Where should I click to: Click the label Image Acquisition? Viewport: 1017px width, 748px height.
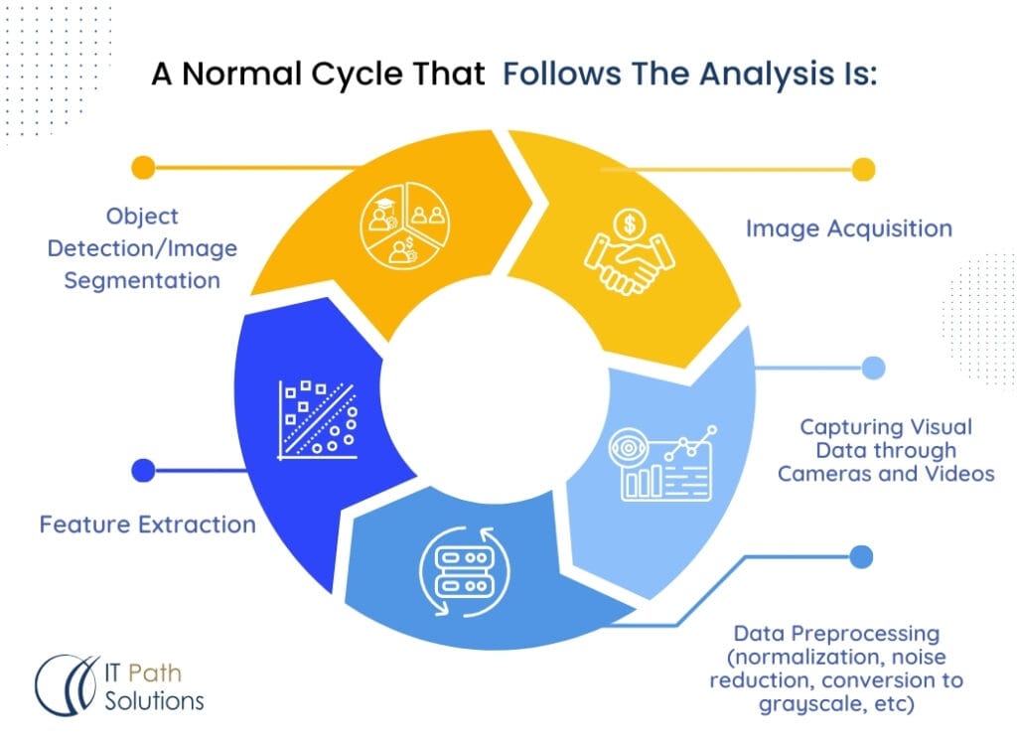click(848, 228)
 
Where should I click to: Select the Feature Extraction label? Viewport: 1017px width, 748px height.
click(147, 524)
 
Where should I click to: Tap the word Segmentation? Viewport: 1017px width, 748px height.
click(142, 280)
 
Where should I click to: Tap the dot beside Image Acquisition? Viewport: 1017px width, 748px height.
click(863, 170)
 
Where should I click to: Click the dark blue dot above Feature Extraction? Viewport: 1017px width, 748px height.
click(143, 470)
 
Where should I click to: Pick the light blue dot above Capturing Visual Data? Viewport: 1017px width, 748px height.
click(873, 369)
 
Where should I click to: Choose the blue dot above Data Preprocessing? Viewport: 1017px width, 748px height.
click(862, 557)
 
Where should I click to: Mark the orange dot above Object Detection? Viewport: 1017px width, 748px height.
click(143, 167)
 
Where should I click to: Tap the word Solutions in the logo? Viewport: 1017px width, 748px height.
click(154, 700)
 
